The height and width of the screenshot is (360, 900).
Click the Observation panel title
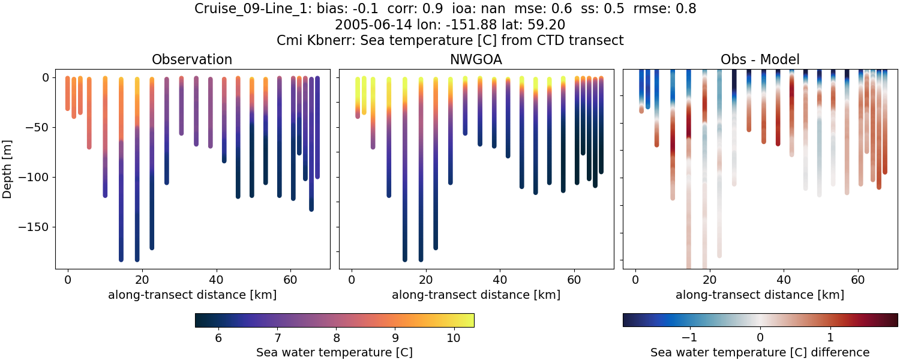click(192, 59)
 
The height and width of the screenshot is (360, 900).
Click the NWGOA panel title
click(476, 59)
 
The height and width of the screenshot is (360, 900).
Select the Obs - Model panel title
click(760, 59)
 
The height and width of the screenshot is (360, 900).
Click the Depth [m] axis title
click(8, 168)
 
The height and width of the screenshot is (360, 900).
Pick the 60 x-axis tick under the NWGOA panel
click(574, 279)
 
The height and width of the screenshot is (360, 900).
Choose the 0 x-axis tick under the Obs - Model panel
click(635, 279)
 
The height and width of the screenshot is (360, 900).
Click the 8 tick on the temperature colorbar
click(336, 338)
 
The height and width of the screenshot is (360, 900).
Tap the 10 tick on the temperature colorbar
click(454, 338)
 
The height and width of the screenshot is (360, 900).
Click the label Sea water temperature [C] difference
click(760, 353)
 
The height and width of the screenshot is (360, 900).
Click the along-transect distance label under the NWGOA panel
click(476, 295)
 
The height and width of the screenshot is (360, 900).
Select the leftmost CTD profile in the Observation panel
click(68, 93)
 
